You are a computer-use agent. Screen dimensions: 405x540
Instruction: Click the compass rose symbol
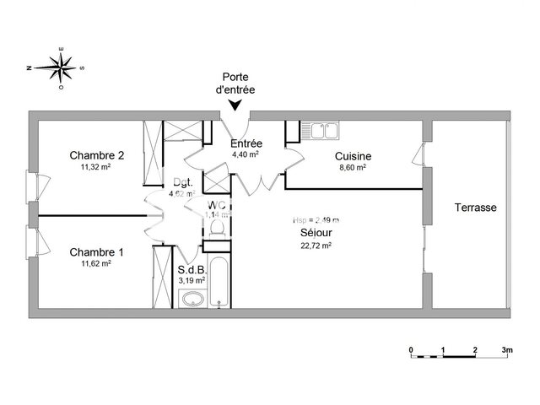pos(60,65)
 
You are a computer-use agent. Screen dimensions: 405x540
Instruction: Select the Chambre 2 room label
pos(97,155)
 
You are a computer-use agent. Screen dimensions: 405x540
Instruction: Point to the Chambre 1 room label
pos(97,251)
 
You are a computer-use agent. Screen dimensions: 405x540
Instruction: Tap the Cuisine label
pos(353,156)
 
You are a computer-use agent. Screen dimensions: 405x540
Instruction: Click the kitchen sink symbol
pos(325,130)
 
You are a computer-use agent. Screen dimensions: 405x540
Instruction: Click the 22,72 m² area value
pos(314,246)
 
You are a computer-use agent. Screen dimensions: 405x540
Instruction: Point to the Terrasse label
pos(475,208)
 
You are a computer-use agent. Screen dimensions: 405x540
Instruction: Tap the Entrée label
pos(246,143)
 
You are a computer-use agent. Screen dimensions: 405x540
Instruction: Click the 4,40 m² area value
pos(246,154)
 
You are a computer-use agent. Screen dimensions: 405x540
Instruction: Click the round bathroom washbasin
pos(192,297)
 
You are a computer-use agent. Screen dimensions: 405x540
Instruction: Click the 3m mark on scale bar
pos(508,349)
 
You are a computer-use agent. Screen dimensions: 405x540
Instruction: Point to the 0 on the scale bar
pos(411,349)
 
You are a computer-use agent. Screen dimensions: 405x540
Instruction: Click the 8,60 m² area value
pos(353,168)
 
